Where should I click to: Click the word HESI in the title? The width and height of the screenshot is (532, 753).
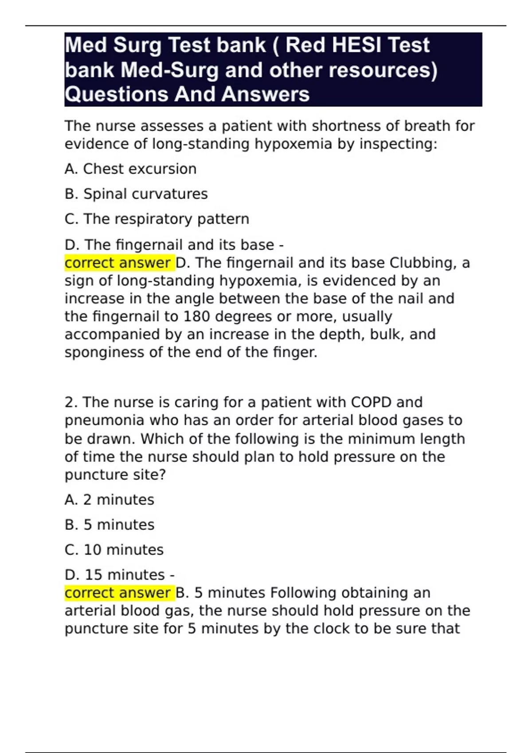(356, 45)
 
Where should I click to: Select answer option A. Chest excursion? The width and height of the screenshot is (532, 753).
(130, 169)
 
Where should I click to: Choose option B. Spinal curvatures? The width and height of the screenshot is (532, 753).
(136, 194)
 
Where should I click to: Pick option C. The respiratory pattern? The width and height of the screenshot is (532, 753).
(156, 219)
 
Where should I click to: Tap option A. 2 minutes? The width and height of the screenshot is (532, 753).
(109, 500)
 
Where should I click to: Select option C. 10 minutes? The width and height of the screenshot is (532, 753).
(114, 550)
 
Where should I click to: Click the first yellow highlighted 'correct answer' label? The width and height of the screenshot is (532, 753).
(118, 263)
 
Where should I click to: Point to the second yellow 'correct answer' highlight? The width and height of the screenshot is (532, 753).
(118, 593)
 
